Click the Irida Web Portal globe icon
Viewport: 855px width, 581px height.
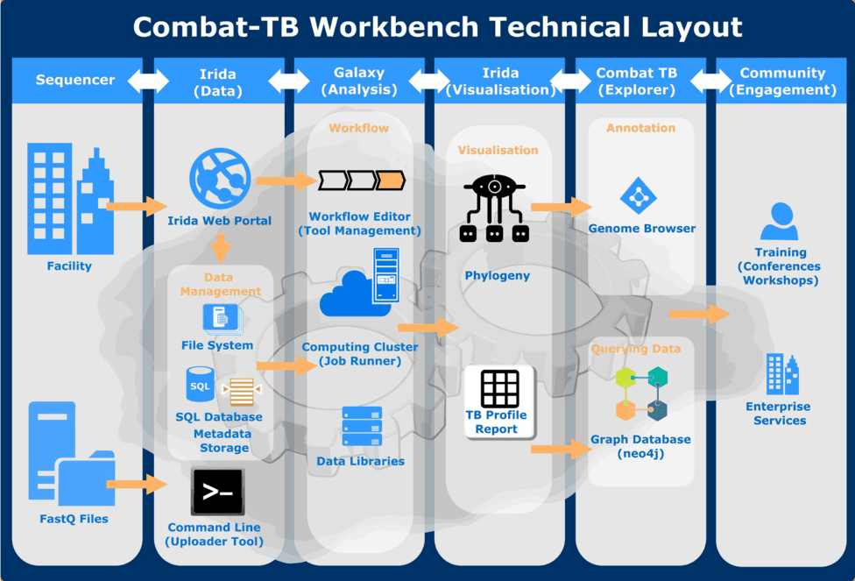[x=220, y=179]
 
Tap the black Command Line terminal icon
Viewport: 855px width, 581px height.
[x=217, y=493]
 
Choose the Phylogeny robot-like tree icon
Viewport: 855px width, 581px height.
[x=495, y=209]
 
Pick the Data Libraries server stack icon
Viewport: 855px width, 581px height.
[x=362, y=427]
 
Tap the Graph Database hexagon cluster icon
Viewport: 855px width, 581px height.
[x=641, y=393]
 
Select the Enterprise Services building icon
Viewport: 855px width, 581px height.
[x=781, y=374]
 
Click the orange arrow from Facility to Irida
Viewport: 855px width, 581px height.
[x=136, y=207]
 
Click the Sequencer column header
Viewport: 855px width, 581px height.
[x=75, y=81]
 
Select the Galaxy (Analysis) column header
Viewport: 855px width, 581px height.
[x=359, y=81]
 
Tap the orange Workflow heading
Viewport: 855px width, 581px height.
[x=358, y=128]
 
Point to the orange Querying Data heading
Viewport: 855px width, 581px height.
[x=636, y=349]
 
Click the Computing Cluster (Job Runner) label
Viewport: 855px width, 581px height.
[x=359, y=353]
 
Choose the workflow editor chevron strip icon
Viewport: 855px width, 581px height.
[x=361, y=181]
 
